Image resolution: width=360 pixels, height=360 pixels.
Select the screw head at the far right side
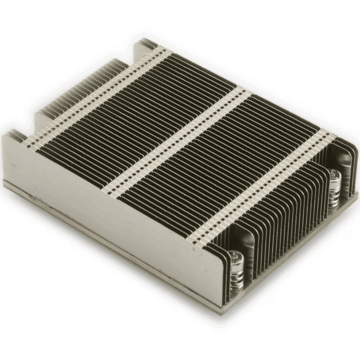tap(334, 175)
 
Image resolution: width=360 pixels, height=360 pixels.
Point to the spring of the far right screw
tap(334, 194)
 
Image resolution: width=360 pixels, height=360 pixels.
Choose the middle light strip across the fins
tap(183, 141)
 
